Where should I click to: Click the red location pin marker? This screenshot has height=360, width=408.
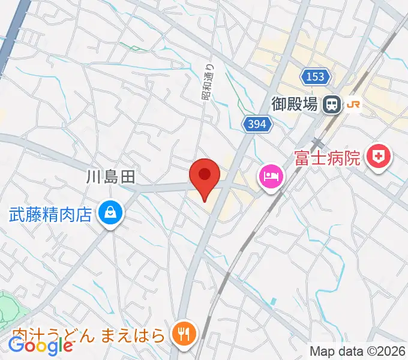point(205,177)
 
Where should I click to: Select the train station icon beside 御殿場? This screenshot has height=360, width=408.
point(331,104)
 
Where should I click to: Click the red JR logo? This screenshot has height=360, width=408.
point(353,104)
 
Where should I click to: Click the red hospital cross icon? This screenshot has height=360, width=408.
point(379,157)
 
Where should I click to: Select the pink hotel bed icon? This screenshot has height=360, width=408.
point(270,176)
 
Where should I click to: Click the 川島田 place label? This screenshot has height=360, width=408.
point(111,176)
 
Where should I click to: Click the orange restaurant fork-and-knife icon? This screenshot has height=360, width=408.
point(183,332)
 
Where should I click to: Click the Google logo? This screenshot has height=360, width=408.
point(41,346)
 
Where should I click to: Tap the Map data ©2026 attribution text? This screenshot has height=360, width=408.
point(358,351)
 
